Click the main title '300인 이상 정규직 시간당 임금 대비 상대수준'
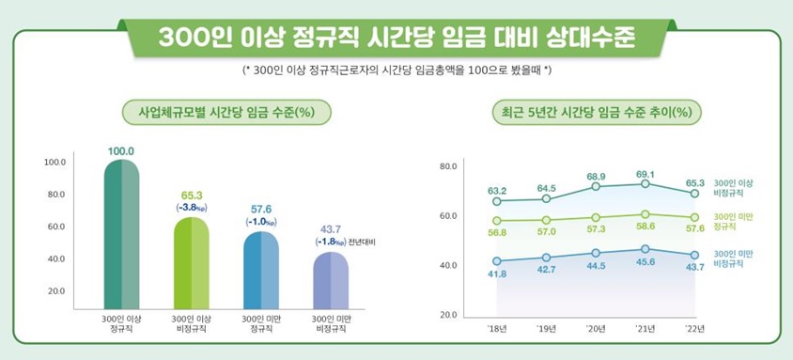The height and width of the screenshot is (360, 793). (396, 37)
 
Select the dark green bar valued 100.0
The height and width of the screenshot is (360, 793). (121, 235)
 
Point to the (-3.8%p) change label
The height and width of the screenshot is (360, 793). (192, 207)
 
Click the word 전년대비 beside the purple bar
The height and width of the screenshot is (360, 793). (362, 243)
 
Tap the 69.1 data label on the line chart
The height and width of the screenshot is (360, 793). (645, 174)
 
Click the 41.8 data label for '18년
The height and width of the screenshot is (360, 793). (497, 274)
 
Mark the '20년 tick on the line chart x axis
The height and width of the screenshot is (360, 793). (596, 327)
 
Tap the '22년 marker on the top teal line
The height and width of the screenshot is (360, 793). (694, 194)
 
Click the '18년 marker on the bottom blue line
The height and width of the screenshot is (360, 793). (497, 260)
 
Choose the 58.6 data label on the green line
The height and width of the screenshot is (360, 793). (645, 227)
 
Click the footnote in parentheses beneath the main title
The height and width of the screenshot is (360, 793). (396, 70)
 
